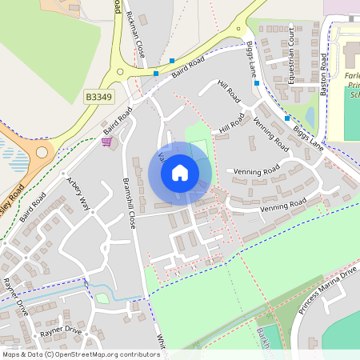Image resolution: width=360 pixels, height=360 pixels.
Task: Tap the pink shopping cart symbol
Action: [x=106, y=142]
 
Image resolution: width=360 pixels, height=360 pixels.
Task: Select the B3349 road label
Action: [x=99, y=97]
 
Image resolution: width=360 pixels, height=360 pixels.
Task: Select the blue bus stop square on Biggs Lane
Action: [x=286, y=118]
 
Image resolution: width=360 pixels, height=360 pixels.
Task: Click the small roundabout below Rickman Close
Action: [x=120, y=71]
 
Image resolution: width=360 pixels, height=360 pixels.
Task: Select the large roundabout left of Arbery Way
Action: [x=41, y=151]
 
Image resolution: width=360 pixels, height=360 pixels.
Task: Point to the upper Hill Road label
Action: [x=229, y=94]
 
